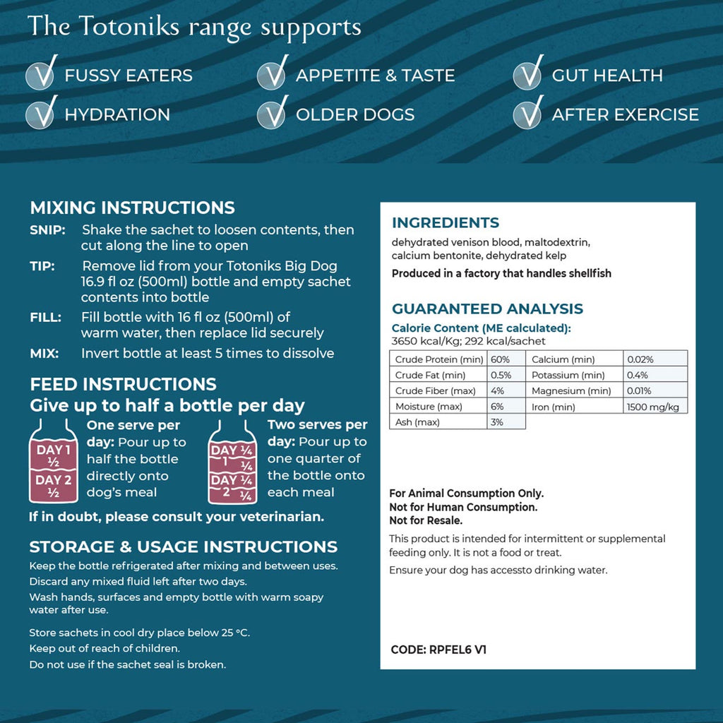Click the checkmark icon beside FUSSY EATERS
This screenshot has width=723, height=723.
click(x=40, y=76)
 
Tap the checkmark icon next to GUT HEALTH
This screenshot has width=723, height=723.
click(x=527, y=76)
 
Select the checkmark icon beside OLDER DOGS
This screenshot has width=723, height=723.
click(x=271, y=114)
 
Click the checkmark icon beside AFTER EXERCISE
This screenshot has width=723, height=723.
click(x=527, y=114)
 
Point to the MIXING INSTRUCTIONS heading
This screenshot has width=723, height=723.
click(x=132, y=208)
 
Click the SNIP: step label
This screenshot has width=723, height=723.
click(x=47, y=230)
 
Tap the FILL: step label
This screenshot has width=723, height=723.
click(x=45, y=317)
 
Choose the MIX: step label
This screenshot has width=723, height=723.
click(x=44, y=353)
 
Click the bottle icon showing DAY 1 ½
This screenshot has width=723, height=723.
click(x=54, y=462)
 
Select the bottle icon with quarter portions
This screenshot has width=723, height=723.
click(x=232, y=462)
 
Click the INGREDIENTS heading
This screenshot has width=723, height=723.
click(x=445, y=223)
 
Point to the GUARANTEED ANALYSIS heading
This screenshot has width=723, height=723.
click(x=487, y=309)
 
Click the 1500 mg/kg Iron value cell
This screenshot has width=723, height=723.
click(x=655, y=407)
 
